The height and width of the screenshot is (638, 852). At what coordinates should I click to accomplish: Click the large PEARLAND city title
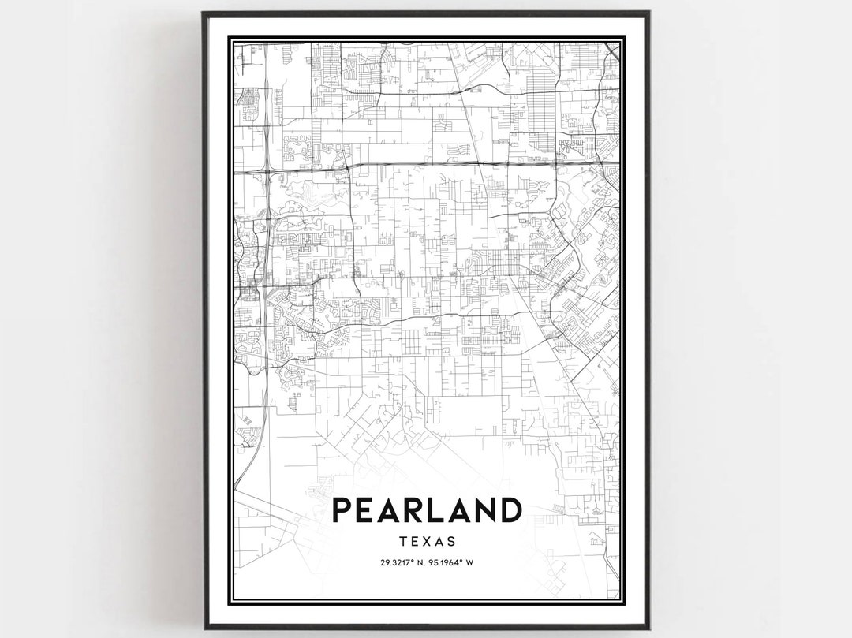point(426,510)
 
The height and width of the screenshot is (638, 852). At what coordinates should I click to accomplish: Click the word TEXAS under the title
point(427,542)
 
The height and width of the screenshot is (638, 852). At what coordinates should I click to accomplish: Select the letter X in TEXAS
point(427,542)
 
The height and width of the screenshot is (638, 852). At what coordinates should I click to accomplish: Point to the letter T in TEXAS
point(404,542)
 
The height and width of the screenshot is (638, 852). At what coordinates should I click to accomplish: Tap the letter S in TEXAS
point(450,542)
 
